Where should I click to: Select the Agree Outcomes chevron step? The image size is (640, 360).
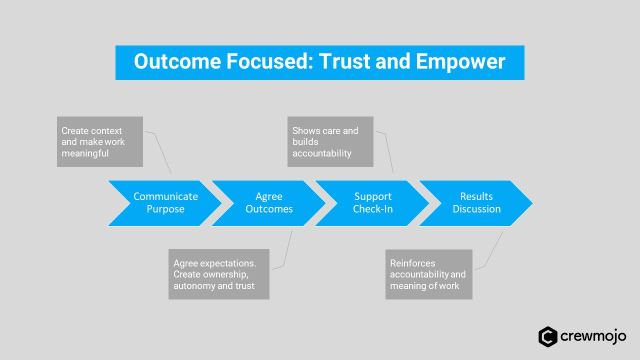[268, 203]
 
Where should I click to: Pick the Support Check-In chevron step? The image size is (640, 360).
[372, 203]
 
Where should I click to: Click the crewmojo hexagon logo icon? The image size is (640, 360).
[548, 337]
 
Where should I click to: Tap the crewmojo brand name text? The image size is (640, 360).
[594, 337]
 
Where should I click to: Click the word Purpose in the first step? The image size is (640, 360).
[165, 210]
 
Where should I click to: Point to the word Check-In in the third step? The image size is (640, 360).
[372, 210]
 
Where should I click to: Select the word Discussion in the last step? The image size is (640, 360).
[476, 210]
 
